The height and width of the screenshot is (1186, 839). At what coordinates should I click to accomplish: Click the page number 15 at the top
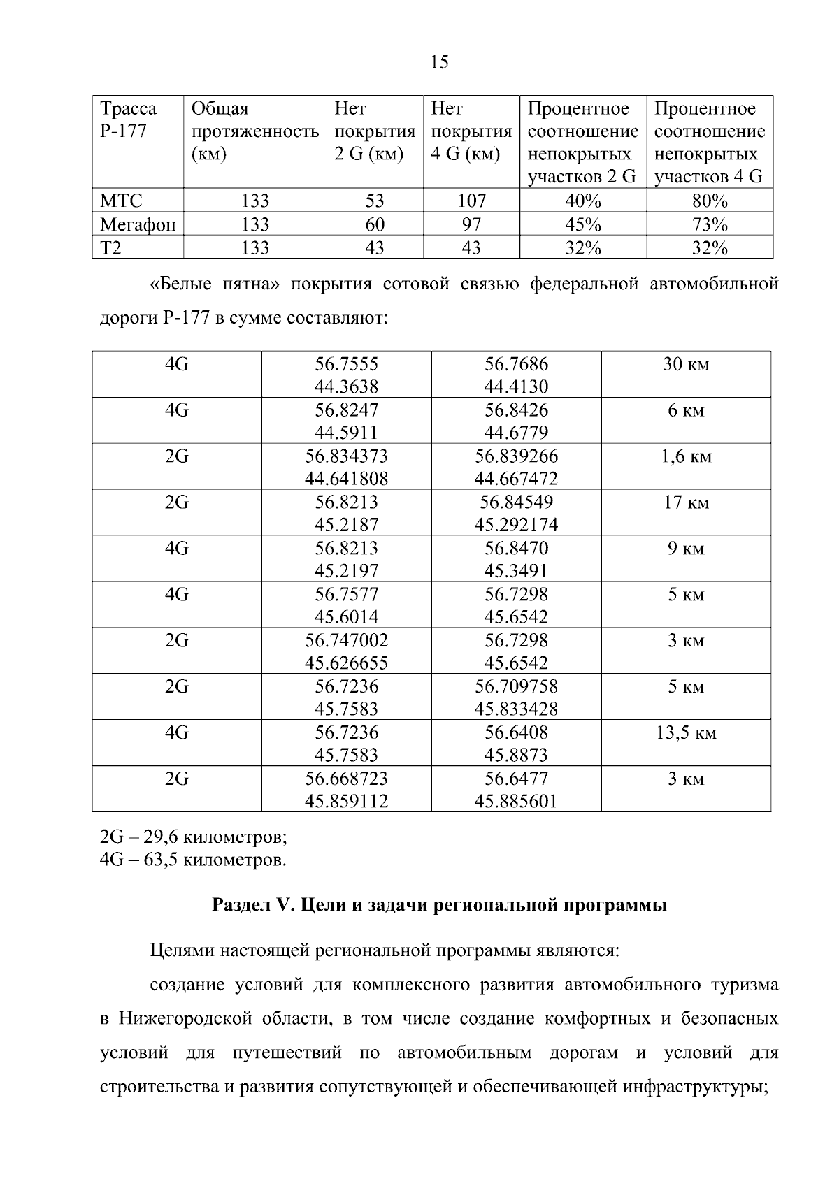tap(440, 63)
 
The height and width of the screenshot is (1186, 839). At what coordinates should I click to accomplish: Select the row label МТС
tap(121, 201)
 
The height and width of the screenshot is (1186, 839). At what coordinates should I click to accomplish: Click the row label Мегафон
tap(137, 225)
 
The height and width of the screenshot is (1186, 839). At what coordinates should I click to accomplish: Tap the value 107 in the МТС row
tap(471, 201)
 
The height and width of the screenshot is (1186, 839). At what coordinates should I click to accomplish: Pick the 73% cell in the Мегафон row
tap(710, 225)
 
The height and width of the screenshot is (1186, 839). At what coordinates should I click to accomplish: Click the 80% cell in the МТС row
tap(710, 201)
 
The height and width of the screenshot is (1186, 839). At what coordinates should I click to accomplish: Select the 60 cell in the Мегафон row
tap(375, 225)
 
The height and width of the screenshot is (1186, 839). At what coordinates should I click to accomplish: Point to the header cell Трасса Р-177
tap(129, 120)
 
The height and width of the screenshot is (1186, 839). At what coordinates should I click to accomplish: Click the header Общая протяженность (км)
tap(254, 131)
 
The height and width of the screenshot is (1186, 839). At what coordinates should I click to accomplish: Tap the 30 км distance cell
tap(685, 365)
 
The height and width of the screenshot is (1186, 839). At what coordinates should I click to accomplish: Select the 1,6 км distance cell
tap(685, 457)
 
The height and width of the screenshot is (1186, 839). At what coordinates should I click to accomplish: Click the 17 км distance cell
tap(685, 503)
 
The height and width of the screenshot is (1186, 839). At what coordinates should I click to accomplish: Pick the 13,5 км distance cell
tap(685, 733)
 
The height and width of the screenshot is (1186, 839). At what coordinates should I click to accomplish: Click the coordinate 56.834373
tap(346, 456)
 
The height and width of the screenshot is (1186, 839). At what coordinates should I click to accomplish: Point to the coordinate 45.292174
tap(516, 525)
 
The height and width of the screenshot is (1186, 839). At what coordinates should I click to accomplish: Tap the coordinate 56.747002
tap(346, 641)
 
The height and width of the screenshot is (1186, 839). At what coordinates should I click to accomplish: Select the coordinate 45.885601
tap(516, 802)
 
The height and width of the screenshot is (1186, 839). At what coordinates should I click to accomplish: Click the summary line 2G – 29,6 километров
tap(193, 837)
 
